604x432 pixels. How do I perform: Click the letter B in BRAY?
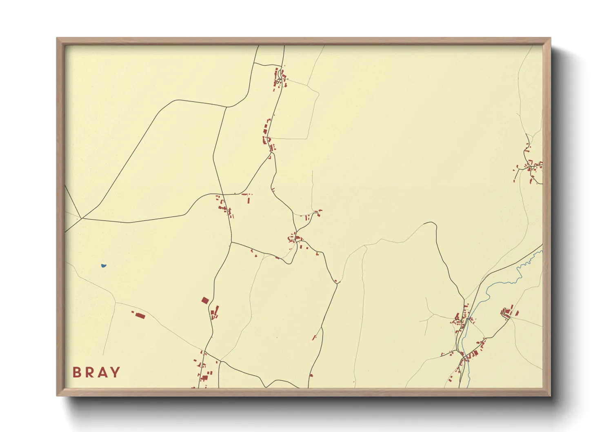tap(77, 372)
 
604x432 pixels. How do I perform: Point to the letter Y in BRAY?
tap(115, 372)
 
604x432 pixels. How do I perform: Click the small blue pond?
tap(104, 266)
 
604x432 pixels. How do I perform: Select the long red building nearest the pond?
tap(140, 315)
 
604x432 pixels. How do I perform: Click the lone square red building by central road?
tap(205, 301)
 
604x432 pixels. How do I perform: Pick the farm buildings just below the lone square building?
tap(214, 313)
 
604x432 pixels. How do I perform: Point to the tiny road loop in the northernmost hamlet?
tap(278, 81)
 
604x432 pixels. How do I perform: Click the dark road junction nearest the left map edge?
tap(82, 218)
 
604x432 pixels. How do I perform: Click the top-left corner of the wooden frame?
tap(57, 38)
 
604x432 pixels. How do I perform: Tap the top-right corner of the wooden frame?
tap(551, 38)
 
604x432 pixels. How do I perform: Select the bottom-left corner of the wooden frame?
tap(57, 395)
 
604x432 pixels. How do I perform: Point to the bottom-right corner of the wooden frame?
tap(551, 395)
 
